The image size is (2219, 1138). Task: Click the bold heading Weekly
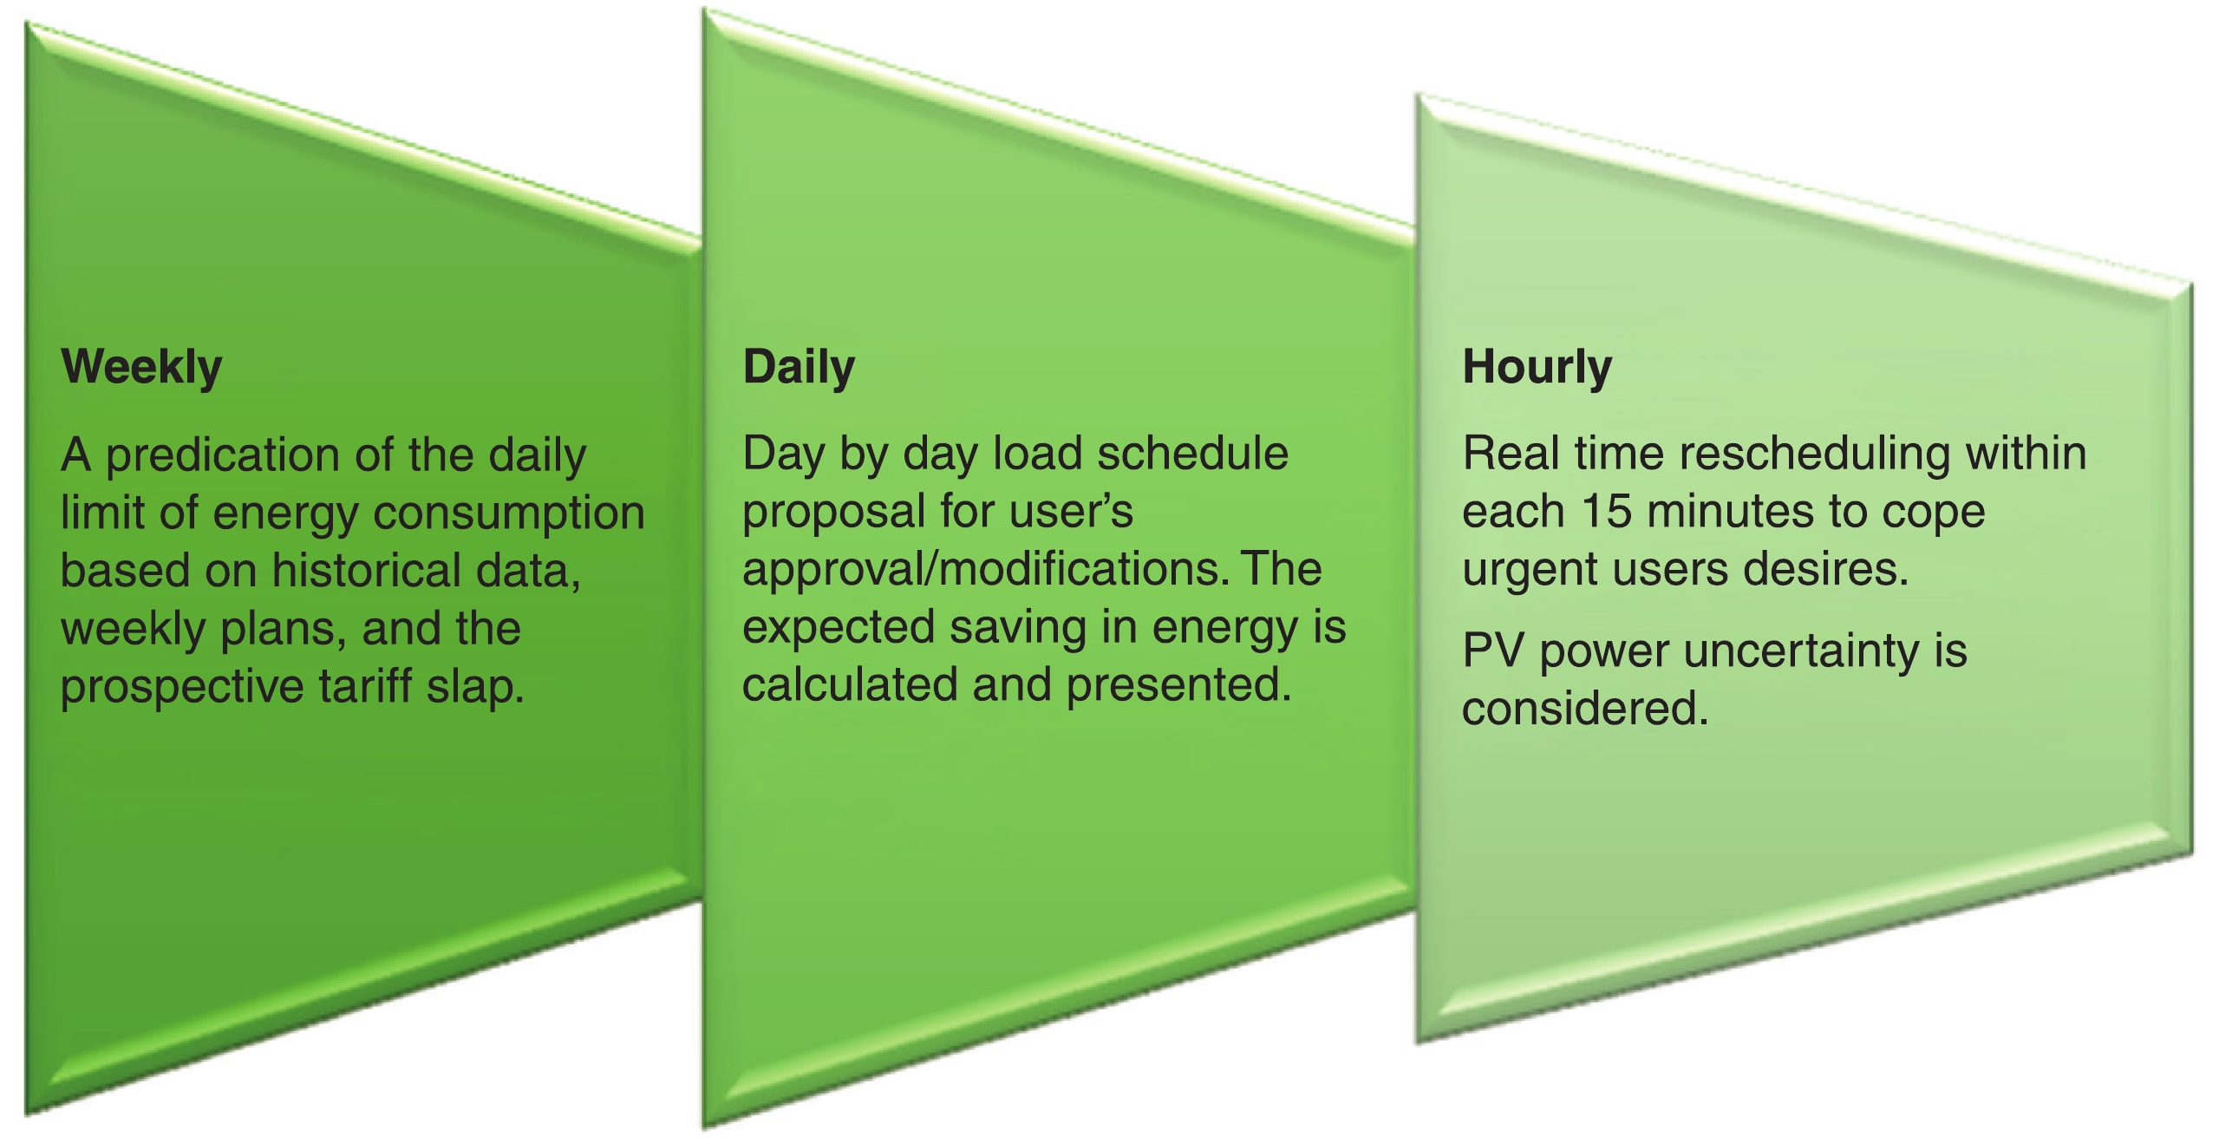142,368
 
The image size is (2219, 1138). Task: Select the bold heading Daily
799,368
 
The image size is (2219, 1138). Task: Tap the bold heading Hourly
1537,368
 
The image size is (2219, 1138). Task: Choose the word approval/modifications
985,571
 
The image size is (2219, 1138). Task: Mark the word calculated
850,685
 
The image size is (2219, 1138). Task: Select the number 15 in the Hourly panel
1607,512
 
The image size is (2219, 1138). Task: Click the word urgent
1528,572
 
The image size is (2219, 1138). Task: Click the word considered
1585,708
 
